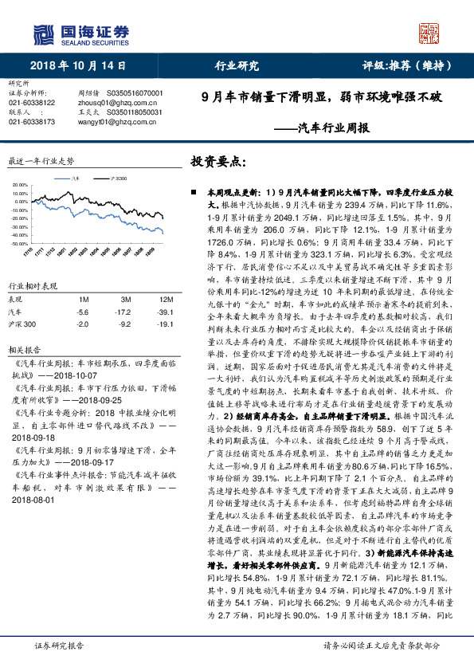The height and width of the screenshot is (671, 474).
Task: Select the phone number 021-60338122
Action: [x=32, y=103]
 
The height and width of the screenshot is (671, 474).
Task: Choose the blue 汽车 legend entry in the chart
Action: [x=72, y=181]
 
